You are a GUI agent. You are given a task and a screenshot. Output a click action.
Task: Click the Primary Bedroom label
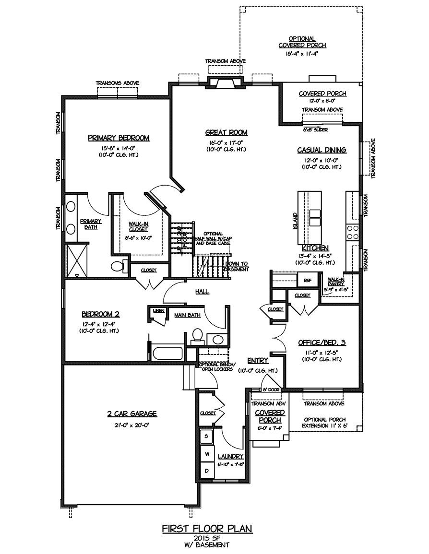click(x=119, y=138)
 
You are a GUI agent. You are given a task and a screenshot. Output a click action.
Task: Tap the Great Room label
click(x=226, y=133)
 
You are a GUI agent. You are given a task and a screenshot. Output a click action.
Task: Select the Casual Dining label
click(x=322, y=150)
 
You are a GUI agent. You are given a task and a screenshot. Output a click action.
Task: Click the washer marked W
click(x=207, y=453)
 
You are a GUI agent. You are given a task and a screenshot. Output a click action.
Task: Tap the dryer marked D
click(x=207, y=471)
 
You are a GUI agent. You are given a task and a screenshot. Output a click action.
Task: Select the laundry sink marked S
click(x=207, y=436)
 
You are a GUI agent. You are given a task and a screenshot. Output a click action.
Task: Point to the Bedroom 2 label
click(x=100, y=315)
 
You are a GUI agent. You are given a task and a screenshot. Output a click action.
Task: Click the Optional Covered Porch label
click(x=302, y=42)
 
